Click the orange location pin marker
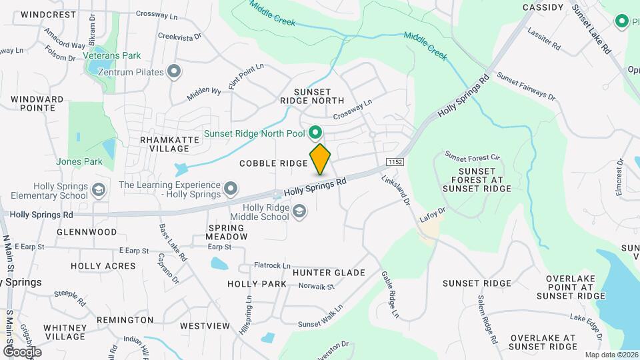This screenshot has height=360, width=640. click(321, 159)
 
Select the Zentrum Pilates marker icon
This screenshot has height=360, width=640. click(175, 71)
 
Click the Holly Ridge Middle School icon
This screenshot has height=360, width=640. click(300, 211)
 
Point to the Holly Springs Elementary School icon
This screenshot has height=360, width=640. click(99, 190)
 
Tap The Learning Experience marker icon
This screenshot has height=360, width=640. click(231, 189)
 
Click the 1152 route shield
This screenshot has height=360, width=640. click(395, 162)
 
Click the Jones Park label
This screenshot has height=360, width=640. click(79, 161)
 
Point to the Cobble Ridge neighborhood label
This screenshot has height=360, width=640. click(273, 163)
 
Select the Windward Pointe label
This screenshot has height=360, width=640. click(37, 103)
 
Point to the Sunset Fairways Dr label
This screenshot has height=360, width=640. click(526, 87)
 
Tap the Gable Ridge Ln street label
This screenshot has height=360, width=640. click(390, 294)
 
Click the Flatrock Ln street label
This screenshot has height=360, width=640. click(272, 265)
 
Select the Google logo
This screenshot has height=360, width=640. click(22, 351)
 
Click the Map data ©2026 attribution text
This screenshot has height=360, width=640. click(611, 355)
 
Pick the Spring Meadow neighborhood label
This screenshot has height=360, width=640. click(227, 231)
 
